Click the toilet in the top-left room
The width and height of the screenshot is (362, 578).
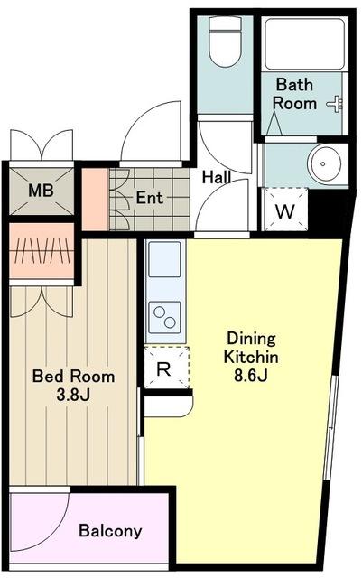[x=225, y=42]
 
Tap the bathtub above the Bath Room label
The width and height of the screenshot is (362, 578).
[x=304, y=43]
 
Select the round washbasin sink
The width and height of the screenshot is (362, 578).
[x=324, y=164]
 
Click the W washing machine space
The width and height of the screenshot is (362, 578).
[x=285, y=209]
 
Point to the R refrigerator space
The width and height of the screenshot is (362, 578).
[x=167, y=368]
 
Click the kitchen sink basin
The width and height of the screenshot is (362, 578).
[x=164, y=259]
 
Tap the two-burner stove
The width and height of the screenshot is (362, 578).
[x=164, y=317]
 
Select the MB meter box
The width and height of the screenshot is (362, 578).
[x=42, y=191]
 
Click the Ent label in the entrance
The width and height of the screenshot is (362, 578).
[x=149, y=198]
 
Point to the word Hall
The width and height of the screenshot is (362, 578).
[x=217, y=178]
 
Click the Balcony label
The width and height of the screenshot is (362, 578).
[x=110, y=531]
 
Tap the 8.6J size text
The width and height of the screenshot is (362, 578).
[x=251, y=376]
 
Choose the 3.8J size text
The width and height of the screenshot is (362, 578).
[x=73, y=396]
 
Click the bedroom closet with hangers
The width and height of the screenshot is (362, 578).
[x=42, y=251]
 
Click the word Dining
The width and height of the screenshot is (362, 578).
[x=251, y=340]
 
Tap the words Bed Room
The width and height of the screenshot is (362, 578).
[x=73, y=377]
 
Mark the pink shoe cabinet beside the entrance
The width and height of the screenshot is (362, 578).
[x=95, y=200]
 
